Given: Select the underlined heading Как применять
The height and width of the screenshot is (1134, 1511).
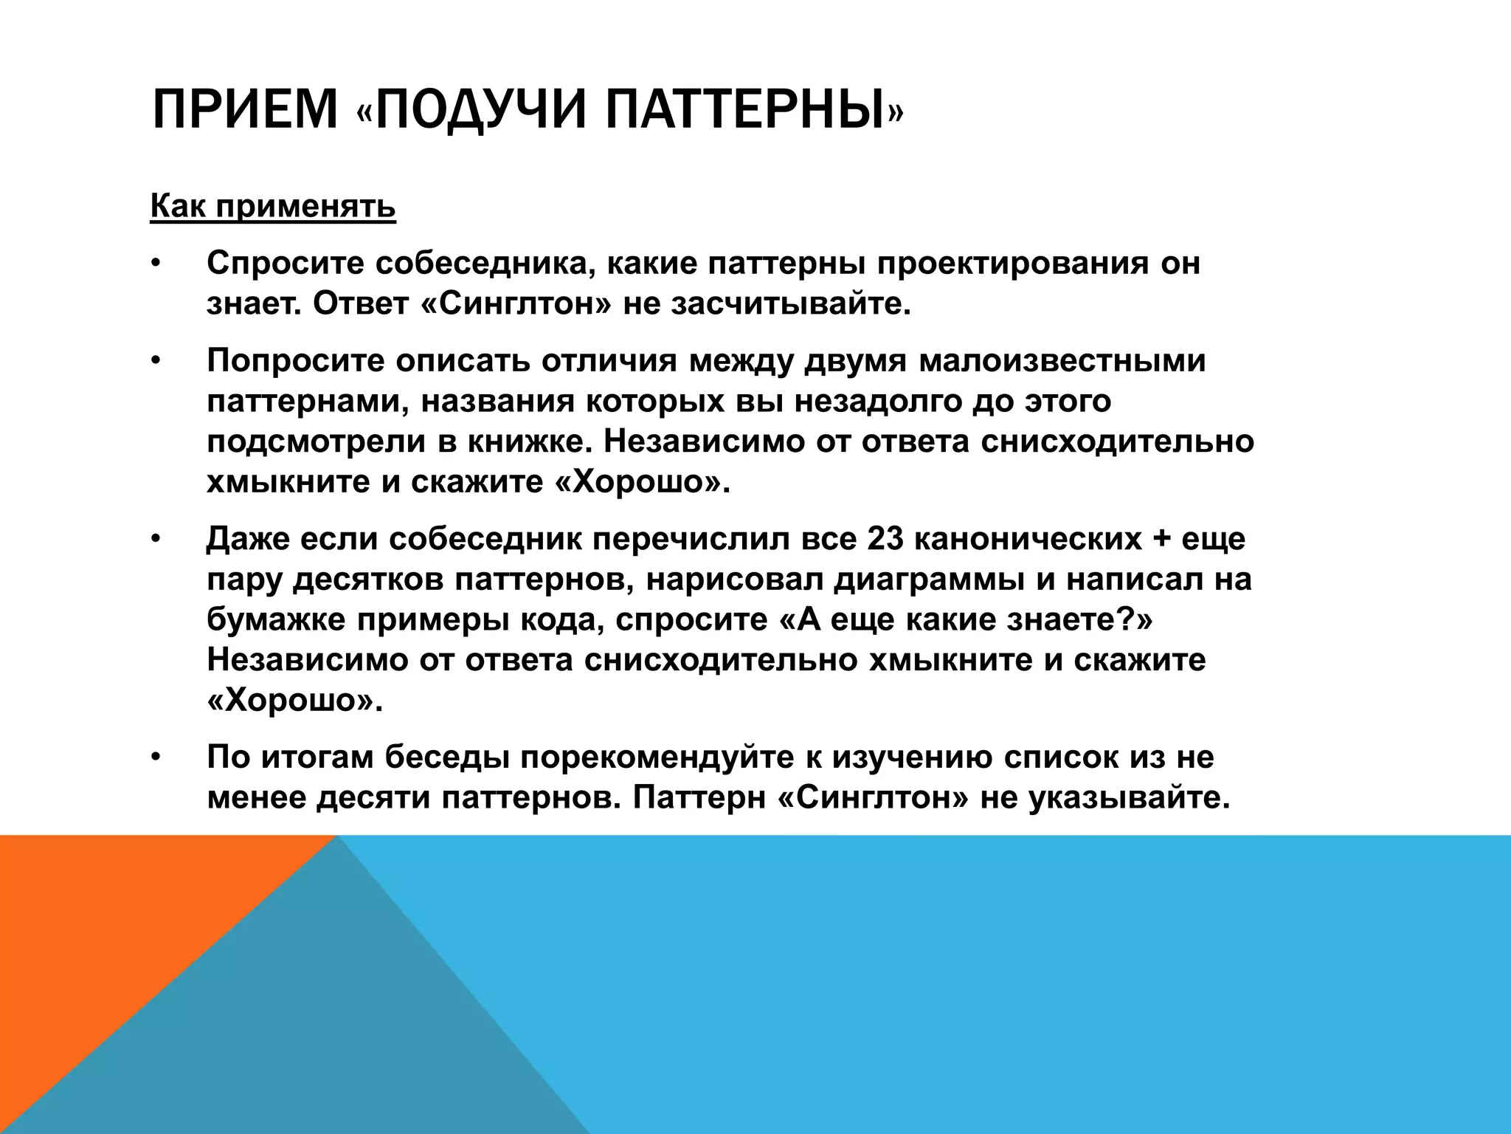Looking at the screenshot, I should point(273,207).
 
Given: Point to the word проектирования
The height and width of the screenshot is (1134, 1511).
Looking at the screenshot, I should point(1012,264).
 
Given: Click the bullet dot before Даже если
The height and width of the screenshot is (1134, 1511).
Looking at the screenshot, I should point(156,540).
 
